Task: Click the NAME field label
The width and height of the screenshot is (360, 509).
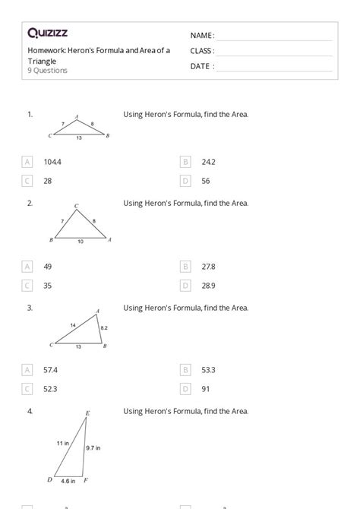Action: click(201, 36)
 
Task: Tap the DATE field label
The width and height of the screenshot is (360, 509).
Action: click(201, 66)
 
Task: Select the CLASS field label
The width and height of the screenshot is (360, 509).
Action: click(202, 51)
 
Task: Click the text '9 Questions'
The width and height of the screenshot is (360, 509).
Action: click(47, 71)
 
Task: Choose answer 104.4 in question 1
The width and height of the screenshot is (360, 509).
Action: click(52, 162)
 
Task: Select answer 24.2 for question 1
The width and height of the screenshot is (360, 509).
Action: click(209, 162)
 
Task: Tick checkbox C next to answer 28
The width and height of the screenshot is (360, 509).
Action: click(28, 181)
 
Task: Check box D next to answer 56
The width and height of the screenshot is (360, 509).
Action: click(185, 181)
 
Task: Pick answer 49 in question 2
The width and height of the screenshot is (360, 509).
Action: click(48, 267)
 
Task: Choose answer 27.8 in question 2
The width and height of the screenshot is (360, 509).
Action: click(209, 267)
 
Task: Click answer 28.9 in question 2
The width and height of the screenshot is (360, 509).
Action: click(209, 286)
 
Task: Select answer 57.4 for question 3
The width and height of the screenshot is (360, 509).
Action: click(52, 369)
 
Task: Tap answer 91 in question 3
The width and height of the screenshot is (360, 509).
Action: click(206, 388)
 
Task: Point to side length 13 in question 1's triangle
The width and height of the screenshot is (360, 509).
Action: click(79, 138)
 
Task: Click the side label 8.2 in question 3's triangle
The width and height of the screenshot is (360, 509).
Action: click(104, 327)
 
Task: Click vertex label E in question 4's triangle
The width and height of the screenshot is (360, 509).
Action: click(87, 413)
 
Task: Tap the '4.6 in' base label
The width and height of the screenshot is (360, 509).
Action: click(68, 481)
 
